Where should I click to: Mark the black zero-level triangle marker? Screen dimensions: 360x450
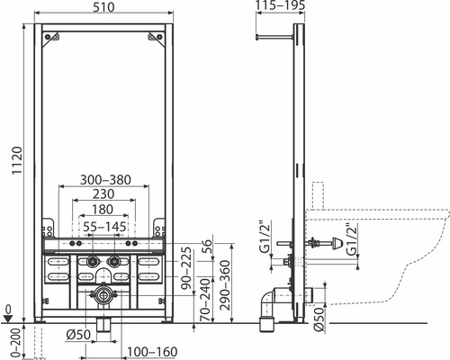(8, 316)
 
